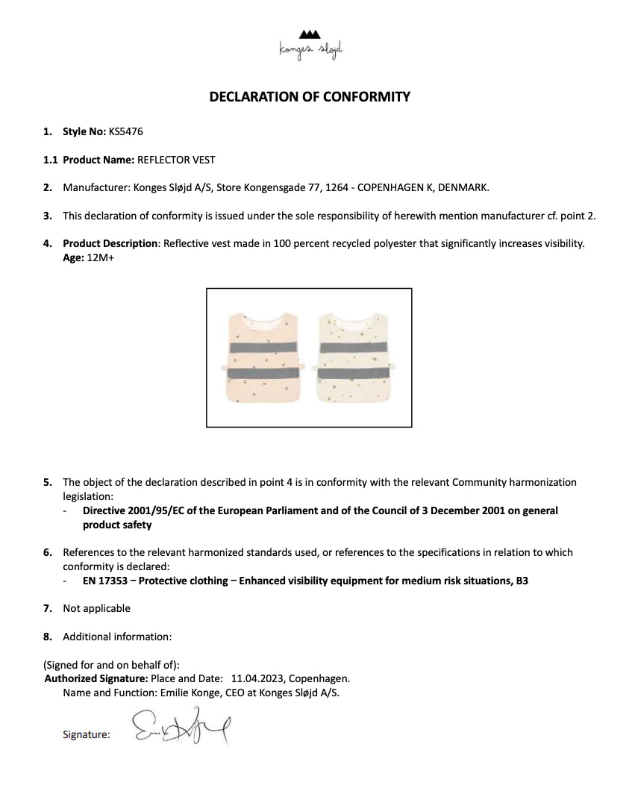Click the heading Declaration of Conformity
pos(310,96)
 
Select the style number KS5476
pos(125,131)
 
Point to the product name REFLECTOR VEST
pos(177,160)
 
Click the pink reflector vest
pos(261,358)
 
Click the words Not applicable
pos(96,608)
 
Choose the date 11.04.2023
pos(257,678)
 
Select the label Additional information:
pos(117,637)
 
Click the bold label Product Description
pos(110,243)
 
